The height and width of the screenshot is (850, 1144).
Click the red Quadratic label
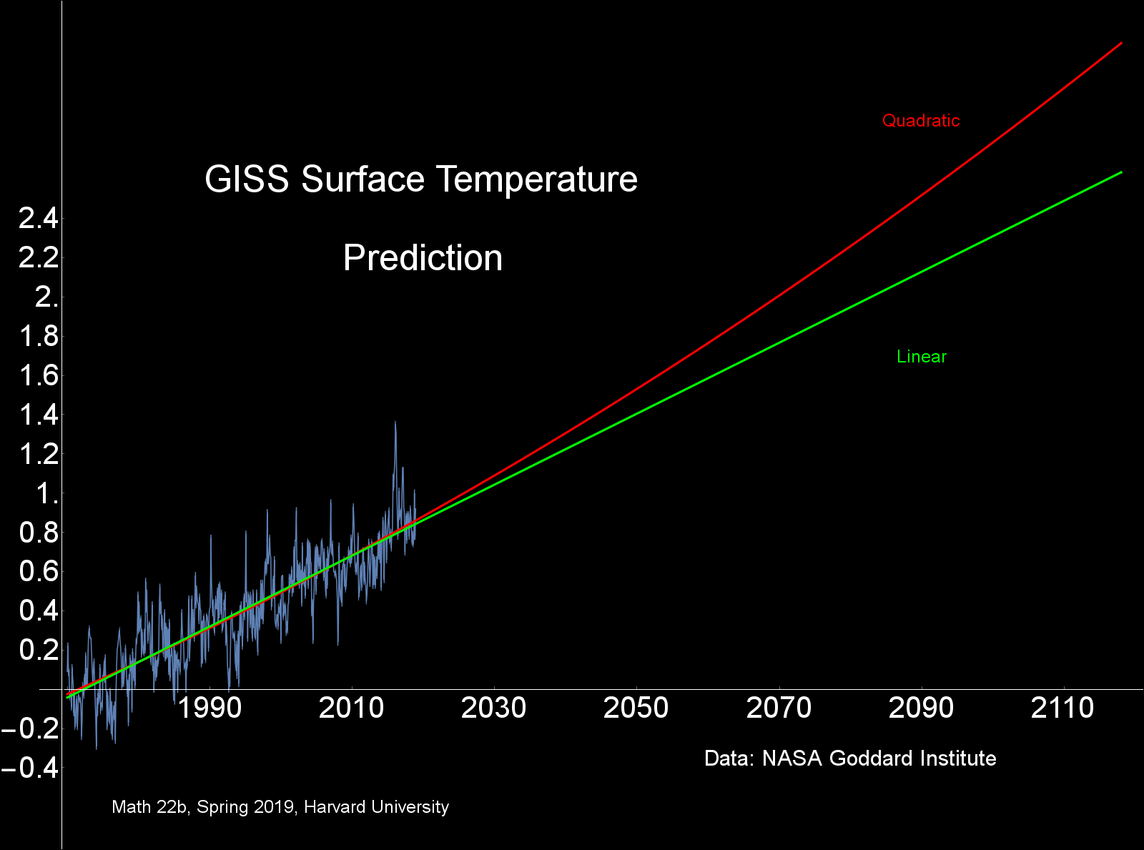point(921,121)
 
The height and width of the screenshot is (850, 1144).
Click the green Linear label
point(921,357)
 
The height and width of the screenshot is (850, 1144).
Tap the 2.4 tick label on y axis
point(39,218)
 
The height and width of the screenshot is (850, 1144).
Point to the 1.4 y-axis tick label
point(39,415)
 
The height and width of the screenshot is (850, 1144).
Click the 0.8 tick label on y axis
point(39,533)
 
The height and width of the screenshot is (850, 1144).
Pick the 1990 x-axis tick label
point(209,708)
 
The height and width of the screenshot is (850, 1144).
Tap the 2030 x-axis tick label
point(494,708)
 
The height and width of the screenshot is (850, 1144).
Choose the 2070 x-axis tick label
point(779,708)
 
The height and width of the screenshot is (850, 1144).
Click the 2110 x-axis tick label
point(1063,708)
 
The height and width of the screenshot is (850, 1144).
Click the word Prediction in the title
point(423,258)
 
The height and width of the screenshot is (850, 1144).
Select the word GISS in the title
point(247,179)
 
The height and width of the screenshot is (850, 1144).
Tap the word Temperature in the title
point(538,179)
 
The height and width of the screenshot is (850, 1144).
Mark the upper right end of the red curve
point(1120,43)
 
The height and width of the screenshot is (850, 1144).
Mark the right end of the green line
point(1120,172)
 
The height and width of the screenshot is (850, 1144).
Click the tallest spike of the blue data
point(395,422)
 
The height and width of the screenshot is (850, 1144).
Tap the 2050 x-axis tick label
point(636,708)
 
